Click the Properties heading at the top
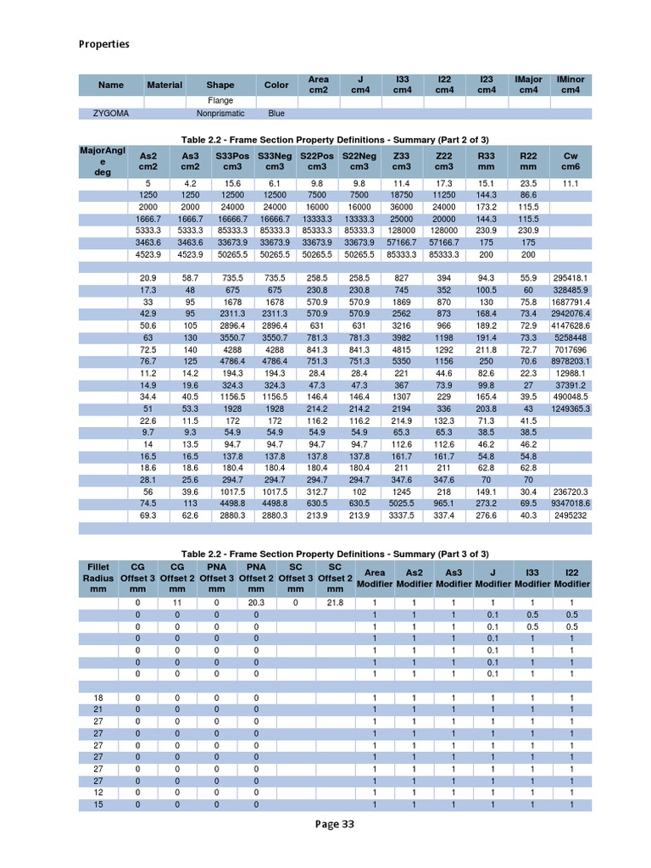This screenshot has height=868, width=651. pos(104,44)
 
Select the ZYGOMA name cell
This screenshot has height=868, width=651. pos(110,113)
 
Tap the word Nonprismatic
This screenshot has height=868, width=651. pos(220,113)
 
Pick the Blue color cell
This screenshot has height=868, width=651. pos(276,113)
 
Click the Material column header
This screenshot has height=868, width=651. pos(164,85)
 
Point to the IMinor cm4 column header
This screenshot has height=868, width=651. pos(570,85)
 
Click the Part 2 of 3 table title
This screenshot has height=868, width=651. pos(335,139)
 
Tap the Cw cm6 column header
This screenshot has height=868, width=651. pos(570,161)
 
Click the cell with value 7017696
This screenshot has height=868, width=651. pos(570,349)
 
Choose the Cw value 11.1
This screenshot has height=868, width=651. pos(570,183)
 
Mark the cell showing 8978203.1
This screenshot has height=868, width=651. pos(570,361)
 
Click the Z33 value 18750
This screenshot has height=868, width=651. pos(402,195)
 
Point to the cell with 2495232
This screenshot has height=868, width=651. pos(570,515)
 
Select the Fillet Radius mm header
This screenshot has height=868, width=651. pos(99,578)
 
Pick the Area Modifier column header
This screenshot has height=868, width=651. pos(374,578)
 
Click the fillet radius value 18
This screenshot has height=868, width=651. pos(98,698)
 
